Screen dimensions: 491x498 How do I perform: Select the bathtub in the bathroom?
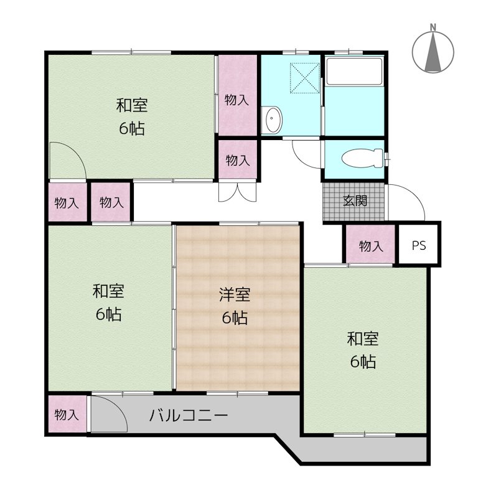[354, 72]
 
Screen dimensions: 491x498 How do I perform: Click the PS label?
[419, 245]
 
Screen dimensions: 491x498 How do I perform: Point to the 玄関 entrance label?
[355, 200]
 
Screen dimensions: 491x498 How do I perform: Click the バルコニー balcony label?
[189, 415]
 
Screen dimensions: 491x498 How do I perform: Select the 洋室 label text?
[235, 294]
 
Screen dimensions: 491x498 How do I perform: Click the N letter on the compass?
[433, 27]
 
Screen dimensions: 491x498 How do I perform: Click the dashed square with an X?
[304, 78]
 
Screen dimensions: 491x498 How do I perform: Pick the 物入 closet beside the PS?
[370, 245]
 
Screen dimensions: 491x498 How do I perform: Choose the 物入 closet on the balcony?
[67, 414]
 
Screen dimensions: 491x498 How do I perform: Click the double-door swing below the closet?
[237, 192]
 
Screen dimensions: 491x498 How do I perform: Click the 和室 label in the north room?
[132, 105]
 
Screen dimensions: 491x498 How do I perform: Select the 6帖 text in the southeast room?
[363, 362]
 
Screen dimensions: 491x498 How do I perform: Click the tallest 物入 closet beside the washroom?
[238, 95]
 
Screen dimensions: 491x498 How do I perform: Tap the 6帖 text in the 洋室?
[235, 317]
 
